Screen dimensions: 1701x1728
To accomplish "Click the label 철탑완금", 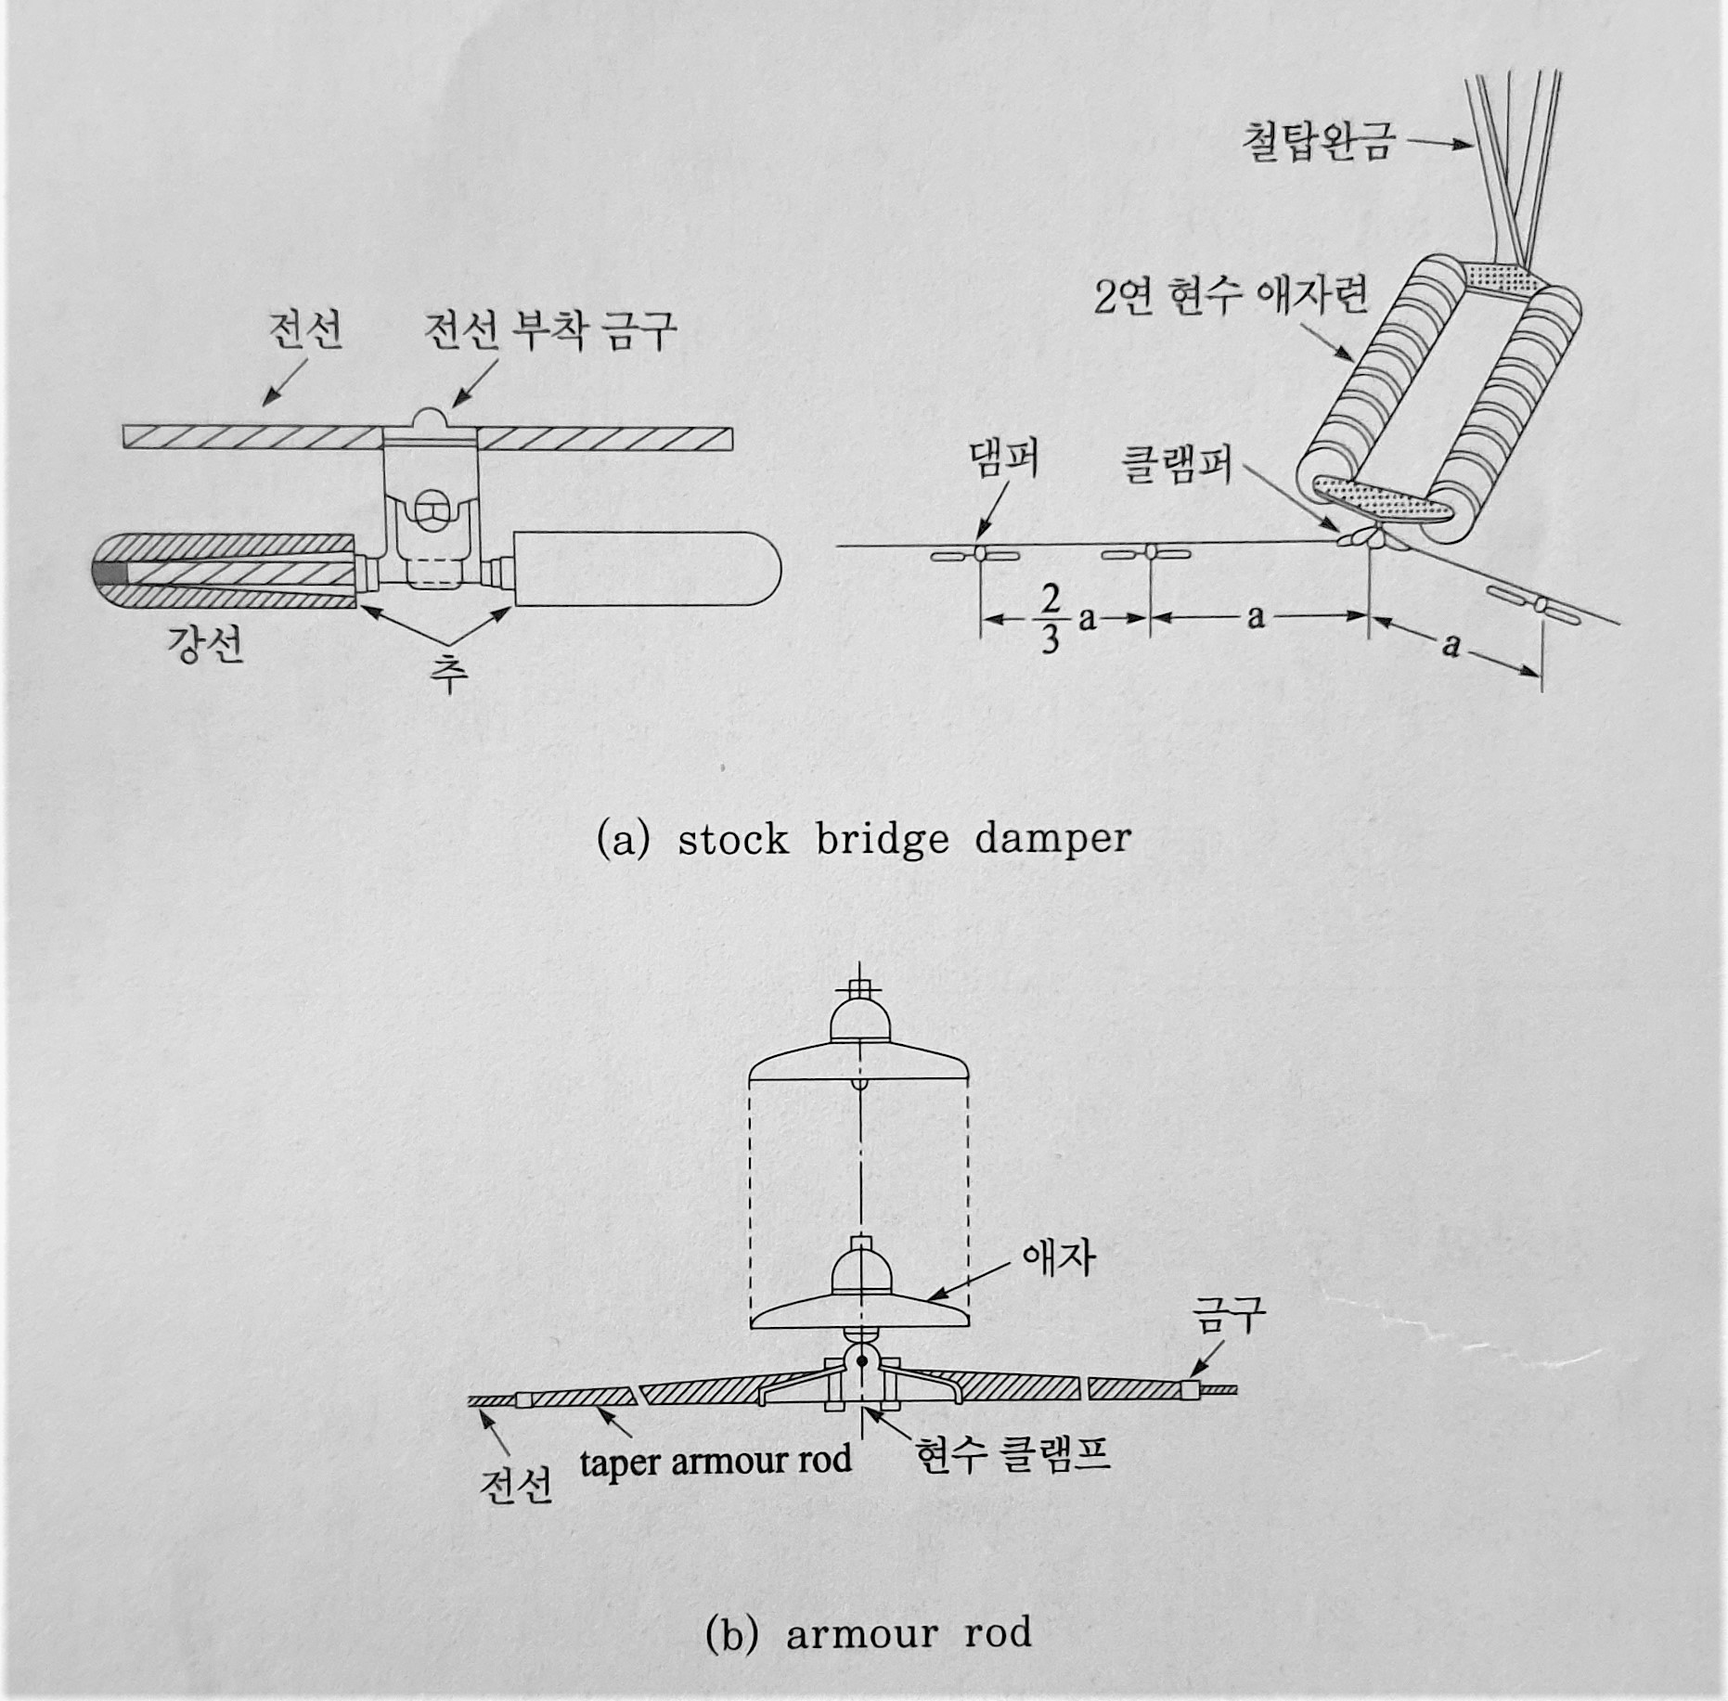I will (1317, 144).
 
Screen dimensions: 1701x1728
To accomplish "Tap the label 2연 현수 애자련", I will (1230, 298).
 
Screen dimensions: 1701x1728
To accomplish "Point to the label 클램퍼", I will (1178, 461).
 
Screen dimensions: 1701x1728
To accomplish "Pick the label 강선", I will (205, 643).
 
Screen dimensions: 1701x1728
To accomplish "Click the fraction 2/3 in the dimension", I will (1049, 621).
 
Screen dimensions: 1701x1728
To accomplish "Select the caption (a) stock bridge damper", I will (864, 840).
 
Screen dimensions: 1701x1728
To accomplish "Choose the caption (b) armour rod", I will (868, 1631).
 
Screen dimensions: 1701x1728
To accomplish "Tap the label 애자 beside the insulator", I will (1058, 1258).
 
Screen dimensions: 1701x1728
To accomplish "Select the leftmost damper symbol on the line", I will (975, 555).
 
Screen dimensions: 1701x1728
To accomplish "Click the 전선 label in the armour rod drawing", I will (516, 1485).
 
